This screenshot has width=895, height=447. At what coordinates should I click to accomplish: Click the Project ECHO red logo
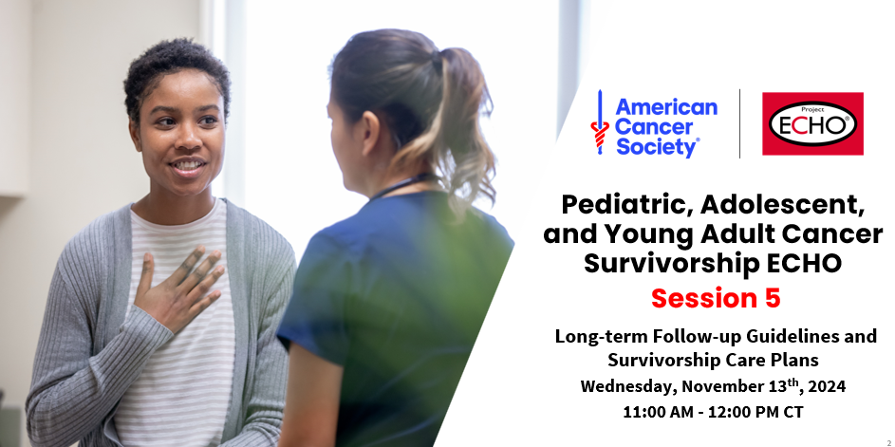click(x=812, y=123)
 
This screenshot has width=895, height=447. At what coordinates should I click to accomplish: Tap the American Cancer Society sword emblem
click(x=598, y=123)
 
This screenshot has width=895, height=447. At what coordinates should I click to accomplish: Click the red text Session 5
click(x=716, y=298)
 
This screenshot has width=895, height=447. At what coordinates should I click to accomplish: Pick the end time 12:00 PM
click(x=764, y=414)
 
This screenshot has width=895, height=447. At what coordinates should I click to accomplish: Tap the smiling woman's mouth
click(x=186, y=165)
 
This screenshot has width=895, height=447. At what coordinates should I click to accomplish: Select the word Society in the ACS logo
click(x=656, y=147)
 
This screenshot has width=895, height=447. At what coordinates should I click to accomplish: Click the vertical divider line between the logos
click(x=740, y=123)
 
